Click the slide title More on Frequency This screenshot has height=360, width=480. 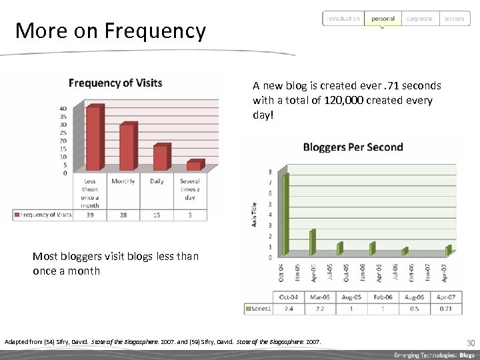coord(111,31)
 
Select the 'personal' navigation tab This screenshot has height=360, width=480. coord(383,19)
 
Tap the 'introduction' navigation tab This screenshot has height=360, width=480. coord(343,19)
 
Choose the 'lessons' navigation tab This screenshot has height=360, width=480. coord(454,19)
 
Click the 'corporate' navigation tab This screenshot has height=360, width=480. coord(419,19)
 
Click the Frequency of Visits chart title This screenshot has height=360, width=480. coord(115,83)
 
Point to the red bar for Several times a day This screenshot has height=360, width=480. coord(193,165)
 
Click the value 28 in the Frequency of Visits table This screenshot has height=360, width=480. coord(123,214)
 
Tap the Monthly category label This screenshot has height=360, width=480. coord(123,181)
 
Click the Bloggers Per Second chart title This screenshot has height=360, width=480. coord(353,147)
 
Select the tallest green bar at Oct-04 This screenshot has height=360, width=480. coord(285,213)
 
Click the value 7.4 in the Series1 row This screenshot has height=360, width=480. coord(289,309)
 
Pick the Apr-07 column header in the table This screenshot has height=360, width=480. coord(446,297)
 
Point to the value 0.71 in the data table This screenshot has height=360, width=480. coord(446,309)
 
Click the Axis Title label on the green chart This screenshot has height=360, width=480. coord(254,214)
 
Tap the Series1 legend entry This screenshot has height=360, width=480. coord(259,309)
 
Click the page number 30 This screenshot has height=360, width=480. coord(470,342)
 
